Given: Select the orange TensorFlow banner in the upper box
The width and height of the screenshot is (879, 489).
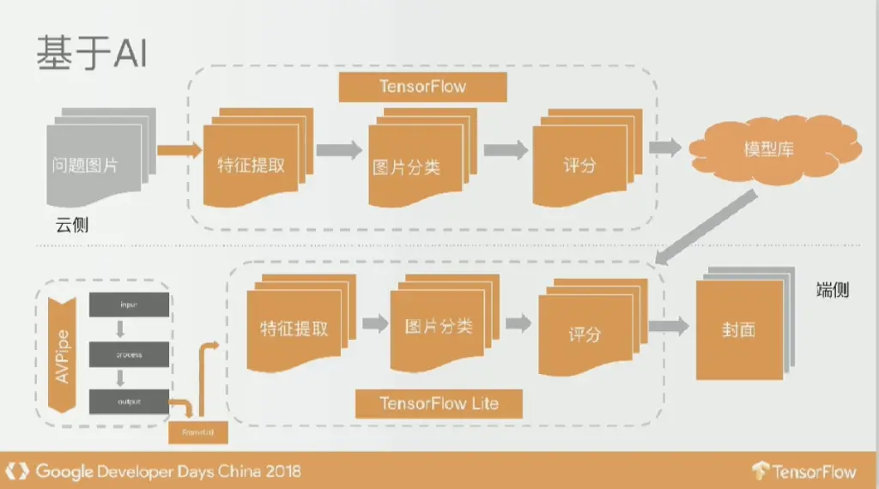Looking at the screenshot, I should pos(422,87).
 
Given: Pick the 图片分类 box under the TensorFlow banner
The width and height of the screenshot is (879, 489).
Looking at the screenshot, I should pos(409,165).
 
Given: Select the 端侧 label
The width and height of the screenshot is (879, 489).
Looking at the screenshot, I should pos(831,289).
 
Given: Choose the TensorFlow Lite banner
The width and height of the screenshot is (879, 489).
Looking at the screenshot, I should pos(439,403).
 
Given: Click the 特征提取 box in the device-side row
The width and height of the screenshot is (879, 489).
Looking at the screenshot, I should pos(294,328).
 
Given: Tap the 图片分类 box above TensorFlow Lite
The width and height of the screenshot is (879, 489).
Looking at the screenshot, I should pos(439,327).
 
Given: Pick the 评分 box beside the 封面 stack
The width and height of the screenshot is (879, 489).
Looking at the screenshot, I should pos(585,333).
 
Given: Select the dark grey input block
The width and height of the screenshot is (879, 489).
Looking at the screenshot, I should pos(129,305).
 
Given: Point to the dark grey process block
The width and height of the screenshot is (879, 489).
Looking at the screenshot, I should pos(129,353).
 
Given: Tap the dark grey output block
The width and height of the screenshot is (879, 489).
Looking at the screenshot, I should pos(129,401).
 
